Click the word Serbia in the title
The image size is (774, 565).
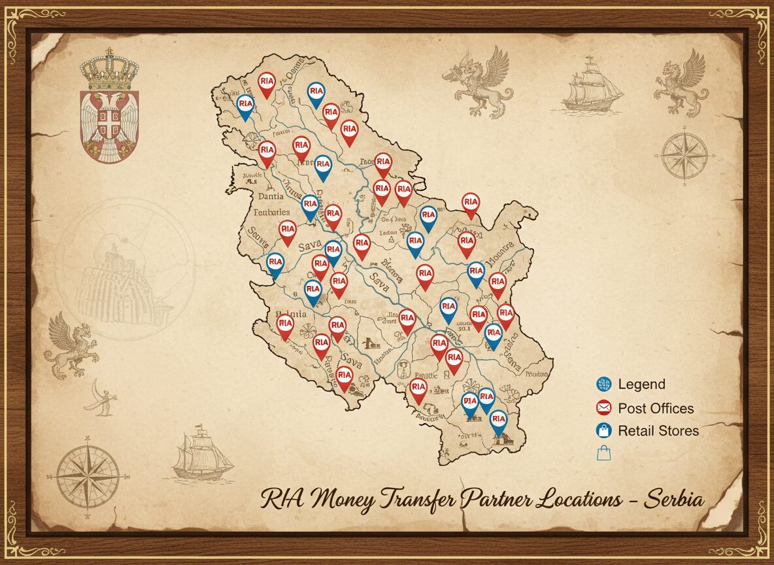[x=675, y=500]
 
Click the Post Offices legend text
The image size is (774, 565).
[x=656, y=409]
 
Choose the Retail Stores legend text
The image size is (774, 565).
[x=658, y=431]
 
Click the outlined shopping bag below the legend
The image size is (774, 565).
[x=603, y=452]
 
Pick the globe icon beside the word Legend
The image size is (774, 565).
[x=603, y=385]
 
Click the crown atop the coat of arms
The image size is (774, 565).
[x=109, y=71]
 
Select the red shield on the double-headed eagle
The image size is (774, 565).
[x=109, y=122]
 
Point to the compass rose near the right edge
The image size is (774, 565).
[x=684, y=156]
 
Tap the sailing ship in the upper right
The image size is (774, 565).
[x=591, y=85]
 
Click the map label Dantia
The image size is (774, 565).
[x=271, y=196]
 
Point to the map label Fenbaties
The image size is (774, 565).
[x=271, y=212]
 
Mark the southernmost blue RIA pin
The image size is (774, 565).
[x=498, y=421]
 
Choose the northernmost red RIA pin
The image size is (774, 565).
[x=266, y=83]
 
